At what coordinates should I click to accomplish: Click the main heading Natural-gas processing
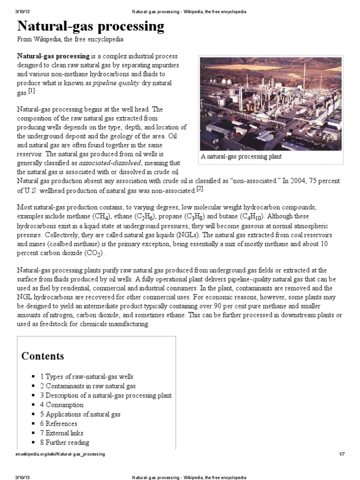91,26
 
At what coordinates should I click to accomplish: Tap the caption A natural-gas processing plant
241,157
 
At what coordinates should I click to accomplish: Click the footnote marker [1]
31,91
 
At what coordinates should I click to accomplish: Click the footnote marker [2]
200,188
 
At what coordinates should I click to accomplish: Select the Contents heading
43,356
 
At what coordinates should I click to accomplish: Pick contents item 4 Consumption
61,405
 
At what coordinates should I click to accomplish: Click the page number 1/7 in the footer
342,454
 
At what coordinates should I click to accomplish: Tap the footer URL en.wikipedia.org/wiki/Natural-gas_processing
61,454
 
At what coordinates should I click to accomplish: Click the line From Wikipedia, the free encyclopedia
70,40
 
